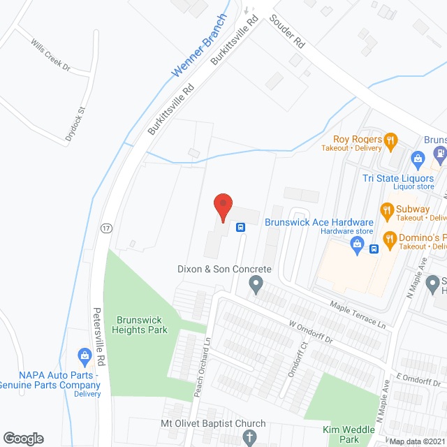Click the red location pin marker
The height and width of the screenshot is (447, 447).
click(222, 207)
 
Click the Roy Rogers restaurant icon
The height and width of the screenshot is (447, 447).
click(390, 140)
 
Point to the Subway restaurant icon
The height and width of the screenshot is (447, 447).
click(386, 209)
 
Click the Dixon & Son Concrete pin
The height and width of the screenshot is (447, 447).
click(256, 284)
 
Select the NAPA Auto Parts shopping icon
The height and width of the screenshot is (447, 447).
click(85, 356)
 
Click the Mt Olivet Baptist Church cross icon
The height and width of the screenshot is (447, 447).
click(250, 438)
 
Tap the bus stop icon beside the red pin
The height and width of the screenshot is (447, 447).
click(240, 227)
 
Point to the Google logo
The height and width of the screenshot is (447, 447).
click(23, 438)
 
